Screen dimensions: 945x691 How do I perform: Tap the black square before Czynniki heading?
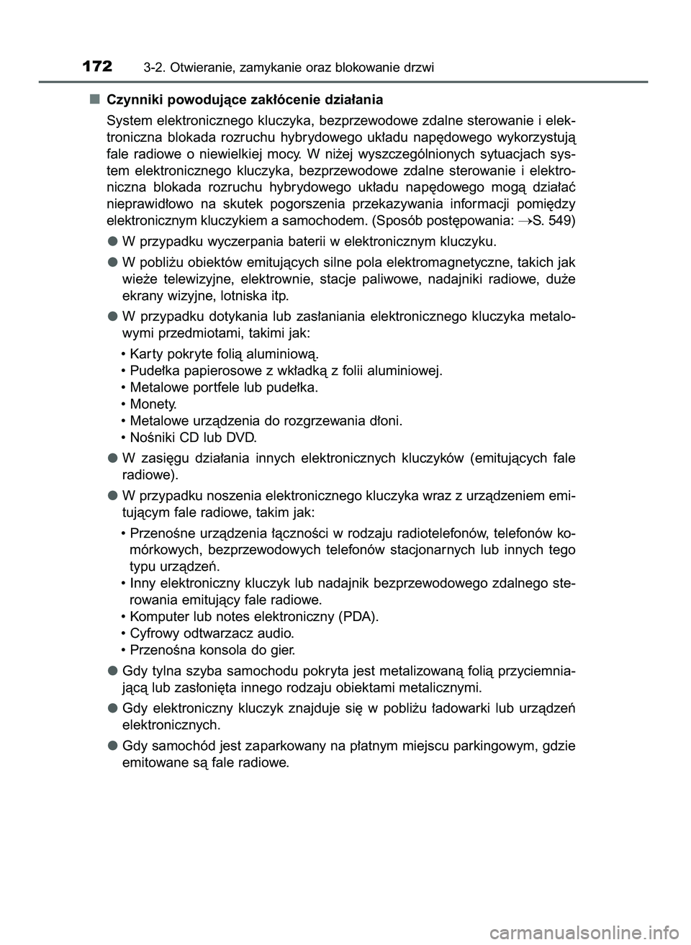pyautogui.click(x=94, y=99)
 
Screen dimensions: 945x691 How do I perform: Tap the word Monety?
pyautogui.click(x=153, y=404)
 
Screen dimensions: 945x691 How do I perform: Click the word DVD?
pyautogui.click(x=240, y=437)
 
